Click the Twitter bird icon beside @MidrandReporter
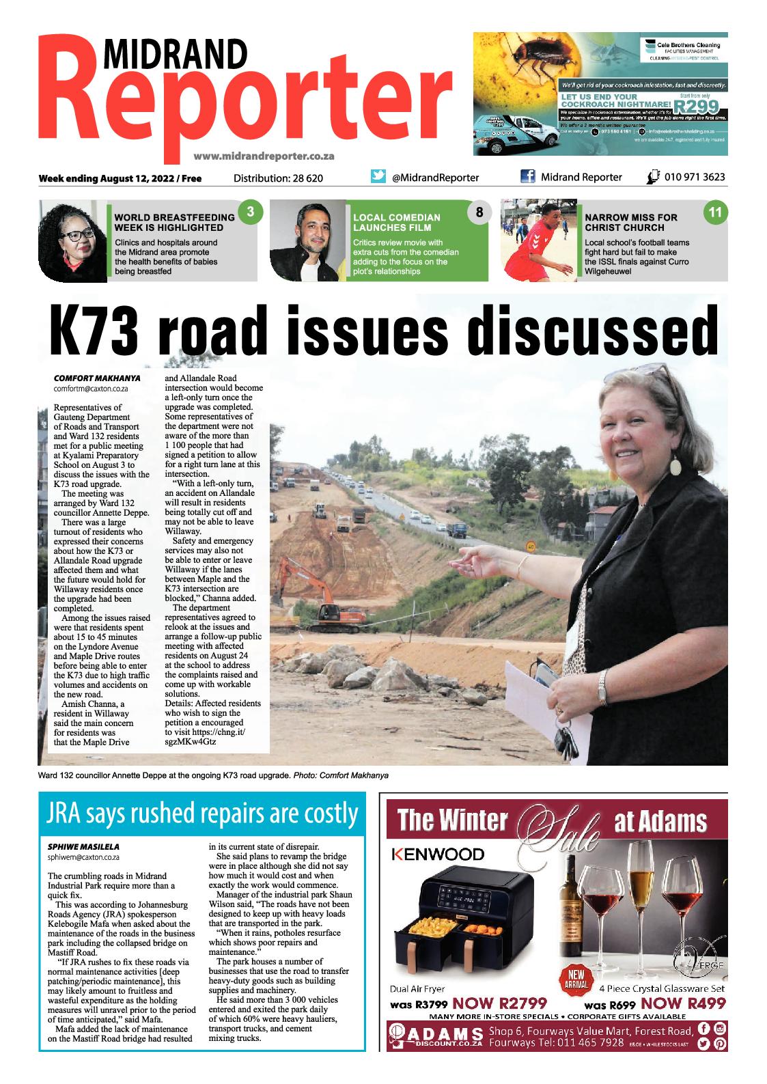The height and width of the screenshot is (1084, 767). (378, 176)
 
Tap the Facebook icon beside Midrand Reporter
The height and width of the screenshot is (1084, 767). (527, 177)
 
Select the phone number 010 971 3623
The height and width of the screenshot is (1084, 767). (694, 177)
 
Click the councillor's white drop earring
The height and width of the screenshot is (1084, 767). (677, 467)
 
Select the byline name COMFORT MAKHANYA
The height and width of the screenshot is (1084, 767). (97, 377)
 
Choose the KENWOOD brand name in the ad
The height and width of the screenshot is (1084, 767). (438, 854)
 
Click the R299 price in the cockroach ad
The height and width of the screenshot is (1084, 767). (694, 106)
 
